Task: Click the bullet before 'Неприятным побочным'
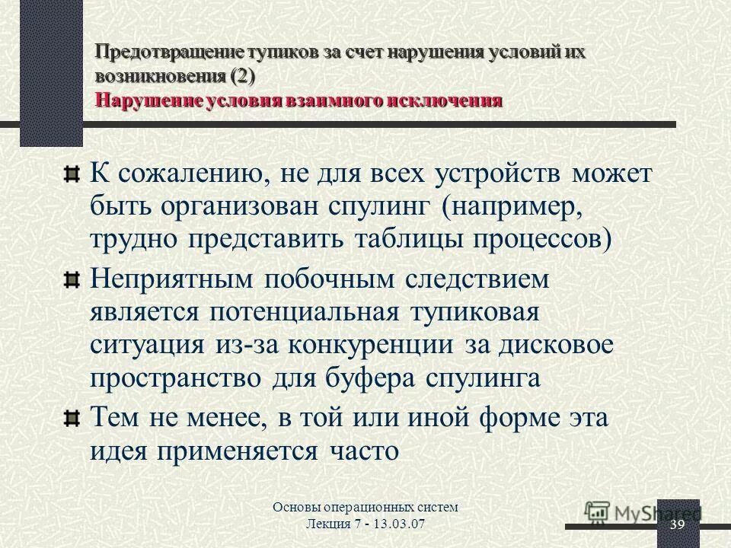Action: point(71,282)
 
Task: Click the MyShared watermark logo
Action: point(642,512)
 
